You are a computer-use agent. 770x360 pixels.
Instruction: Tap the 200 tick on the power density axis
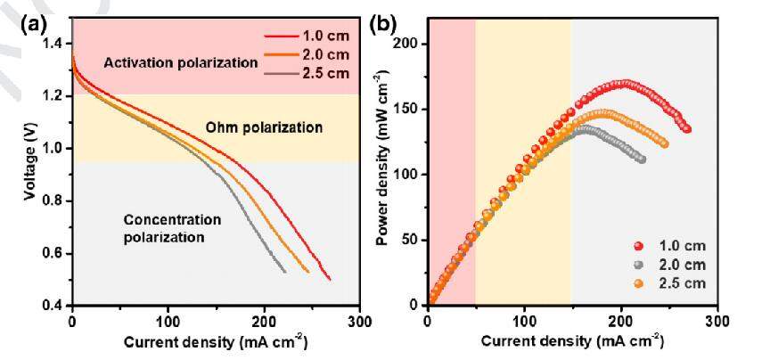tap(409, 44)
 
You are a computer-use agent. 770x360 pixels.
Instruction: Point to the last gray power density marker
tap(641, 159)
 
